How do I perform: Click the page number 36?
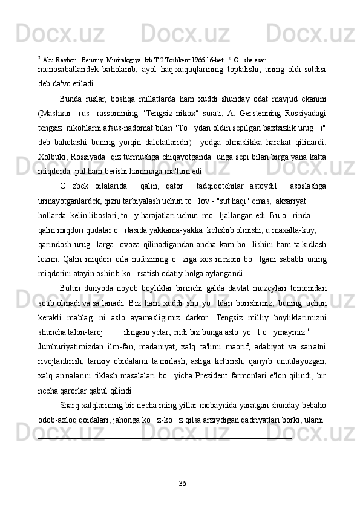183,482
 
